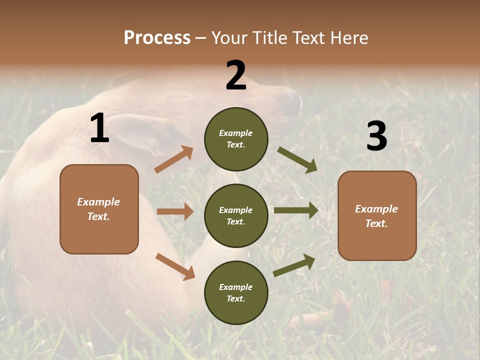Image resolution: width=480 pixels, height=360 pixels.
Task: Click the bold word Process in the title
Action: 157,38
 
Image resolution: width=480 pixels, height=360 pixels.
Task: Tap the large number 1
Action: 99,128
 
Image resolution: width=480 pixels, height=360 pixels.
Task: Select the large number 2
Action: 236,75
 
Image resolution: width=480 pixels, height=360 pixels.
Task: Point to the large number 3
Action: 376,136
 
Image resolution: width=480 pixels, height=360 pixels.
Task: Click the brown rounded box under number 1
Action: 99,209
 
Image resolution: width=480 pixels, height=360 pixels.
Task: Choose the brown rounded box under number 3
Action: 377,215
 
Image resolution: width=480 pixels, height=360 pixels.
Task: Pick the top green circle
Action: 236,139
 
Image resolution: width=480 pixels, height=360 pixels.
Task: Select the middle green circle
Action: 236,215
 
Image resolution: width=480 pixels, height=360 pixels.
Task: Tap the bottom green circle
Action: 236,292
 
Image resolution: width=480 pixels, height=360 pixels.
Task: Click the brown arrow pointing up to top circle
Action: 174,159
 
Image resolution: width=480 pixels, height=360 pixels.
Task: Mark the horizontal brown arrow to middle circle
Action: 175,211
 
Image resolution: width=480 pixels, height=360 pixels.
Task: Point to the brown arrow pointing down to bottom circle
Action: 175,266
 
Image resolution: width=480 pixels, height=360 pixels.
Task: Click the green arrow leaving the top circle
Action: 297,160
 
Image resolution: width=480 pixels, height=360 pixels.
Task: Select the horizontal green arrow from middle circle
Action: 296,210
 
